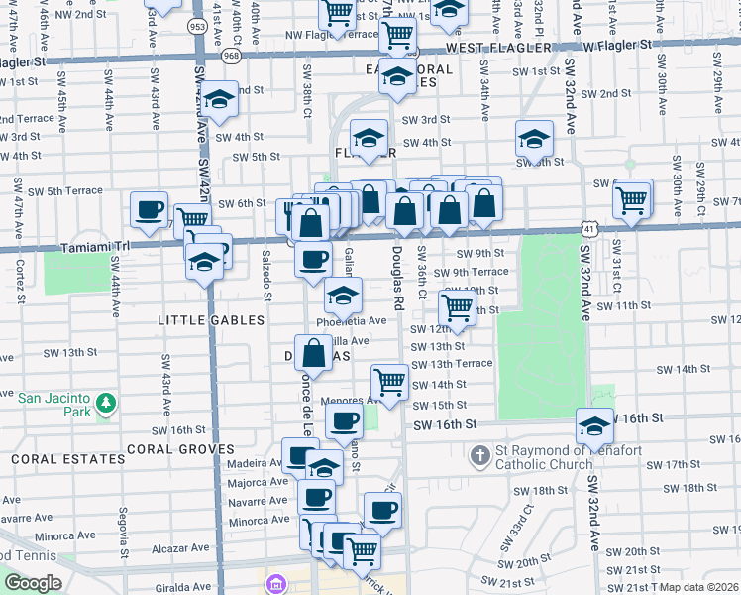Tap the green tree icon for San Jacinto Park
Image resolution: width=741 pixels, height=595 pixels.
(x=105, y=404)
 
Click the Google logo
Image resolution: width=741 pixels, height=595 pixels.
(x=33, y=582)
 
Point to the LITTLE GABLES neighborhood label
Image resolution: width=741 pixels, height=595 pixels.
(x=212, y=320)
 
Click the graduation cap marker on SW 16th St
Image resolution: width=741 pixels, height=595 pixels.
(x=594, y=426)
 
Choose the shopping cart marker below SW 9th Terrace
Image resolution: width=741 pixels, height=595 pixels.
(x=457, y=307)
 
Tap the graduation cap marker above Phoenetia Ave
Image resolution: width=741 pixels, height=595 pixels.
(x=343, y=296)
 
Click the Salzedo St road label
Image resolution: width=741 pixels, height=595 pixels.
(x=265, y=274)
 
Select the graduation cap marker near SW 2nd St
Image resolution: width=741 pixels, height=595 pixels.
(x=220, y=101)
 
